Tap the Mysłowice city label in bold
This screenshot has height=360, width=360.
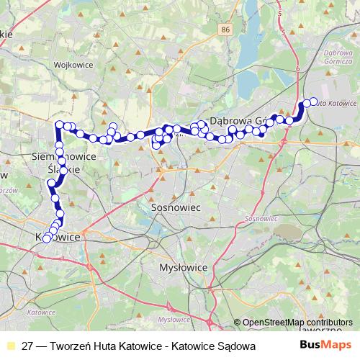coord(183,267)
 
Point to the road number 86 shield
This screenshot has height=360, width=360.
coord(227,30)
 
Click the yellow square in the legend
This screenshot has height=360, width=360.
coord(10,346)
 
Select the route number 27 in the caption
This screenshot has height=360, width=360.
coord(29,346)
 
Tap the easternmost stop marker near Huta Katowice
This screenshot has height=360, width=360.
coord(313,102)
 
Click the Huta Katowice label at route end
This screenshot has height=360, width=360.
coord(336,103)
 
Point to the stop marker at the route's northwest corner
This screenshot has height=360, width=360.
coord(60,126)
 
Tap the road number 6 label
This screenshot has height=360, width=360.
coord(297,66)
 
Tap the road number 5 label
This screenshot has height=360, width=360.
coord(284,32)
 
